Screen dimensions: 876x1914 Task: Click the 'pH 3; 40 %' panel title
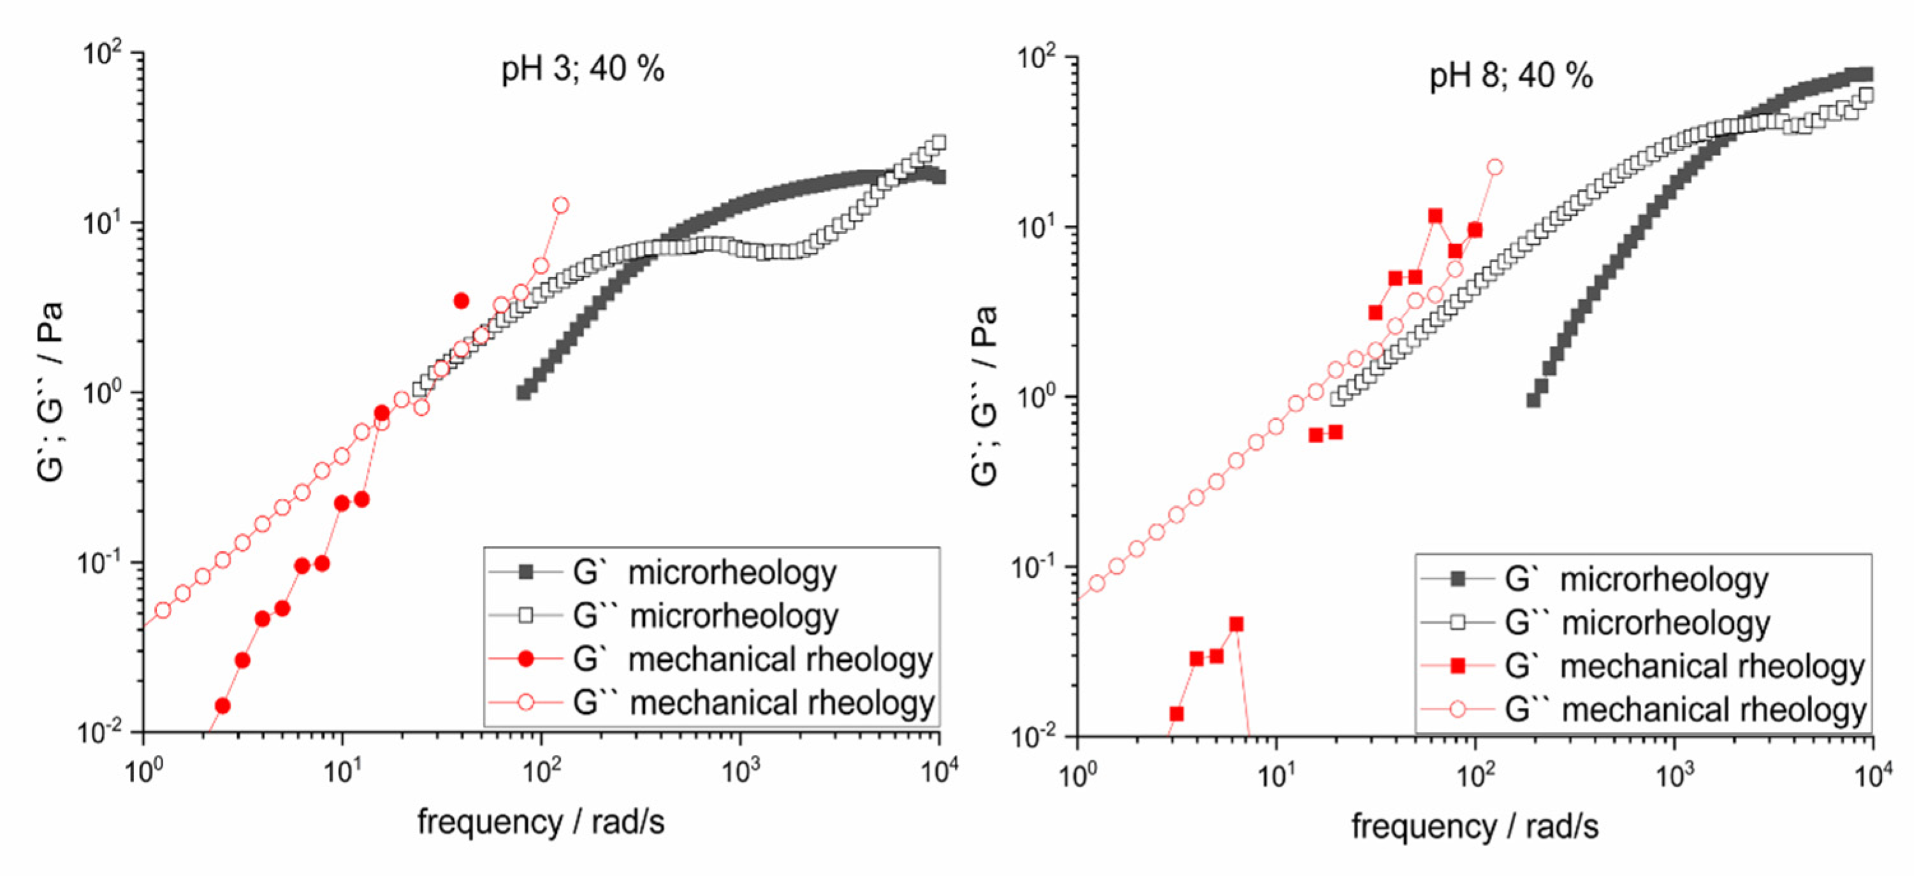(583, 70)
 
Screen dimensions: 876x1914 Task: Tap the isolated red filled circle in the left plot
(461, 301)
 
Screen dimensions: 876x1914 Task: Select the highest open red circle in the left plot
(561, 205)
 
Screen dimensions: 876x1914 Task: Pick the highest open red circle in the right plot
(1495, 167)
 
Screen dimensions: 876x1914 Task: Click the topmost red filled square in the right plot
(1435, 216)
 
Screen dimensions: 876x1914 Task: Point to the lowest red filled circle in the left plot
(222, 705)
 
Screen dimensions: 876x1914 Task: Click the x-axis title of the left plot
(540, 822)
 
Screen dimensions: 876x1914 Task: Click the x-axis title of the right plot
(1474, 826)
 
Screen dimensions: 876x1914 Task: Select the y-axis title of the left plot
(50, 392)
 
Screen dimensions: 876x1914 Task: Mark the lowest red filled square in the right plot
(1176, 714)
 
